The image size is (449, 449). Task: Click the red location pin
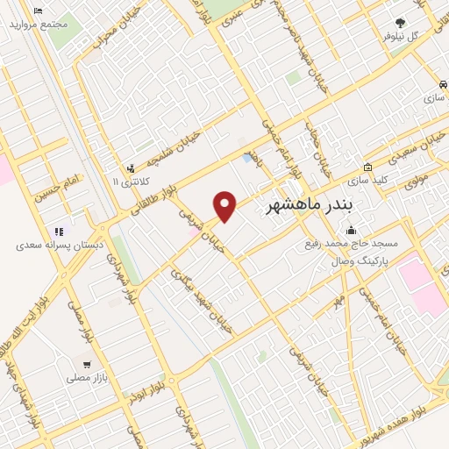[x=226, y=206]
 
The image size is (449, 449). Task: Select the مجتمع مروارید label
[x=39, y=25]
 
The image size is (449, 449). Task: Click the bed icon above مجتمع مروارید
[x=38, y=11]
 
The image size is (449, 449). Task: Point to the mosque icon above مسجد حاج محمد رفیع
[x=351, y=232]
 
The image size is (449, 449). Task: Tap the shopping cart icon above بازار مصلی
[x=86, y=365]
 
